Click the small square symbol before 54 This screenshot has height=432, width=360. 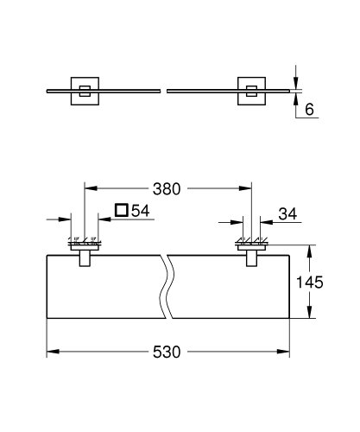point(121,210)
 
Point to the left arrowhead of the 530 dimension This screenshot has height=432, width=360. point(49,353)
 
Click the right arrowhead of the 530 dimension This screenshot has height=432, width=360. point(289,353)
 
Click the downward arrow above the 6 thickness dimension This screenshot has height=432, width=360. point(298,83)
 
